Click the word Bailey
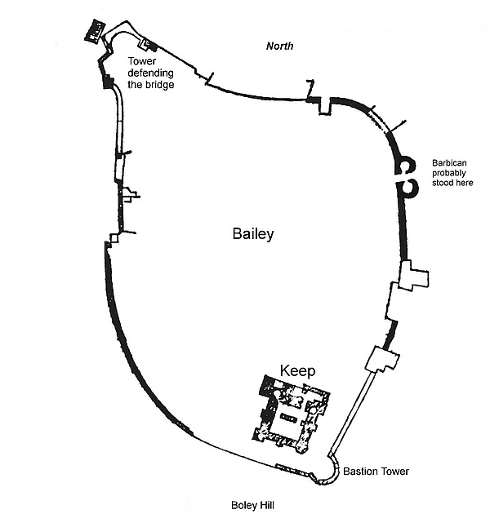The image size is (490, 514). click(x=252, y=234)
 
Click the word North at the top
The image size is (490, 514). click(x=280, y=47)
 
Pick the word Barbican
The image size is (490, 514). click(x=451, y=162)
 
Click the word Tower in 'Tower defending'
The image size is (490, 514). click(x=142, y=60)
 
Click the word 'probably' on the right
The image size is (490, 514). click(x=451, y=172)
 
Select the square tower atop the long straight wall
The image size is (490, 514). click(x=383, y=359)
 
